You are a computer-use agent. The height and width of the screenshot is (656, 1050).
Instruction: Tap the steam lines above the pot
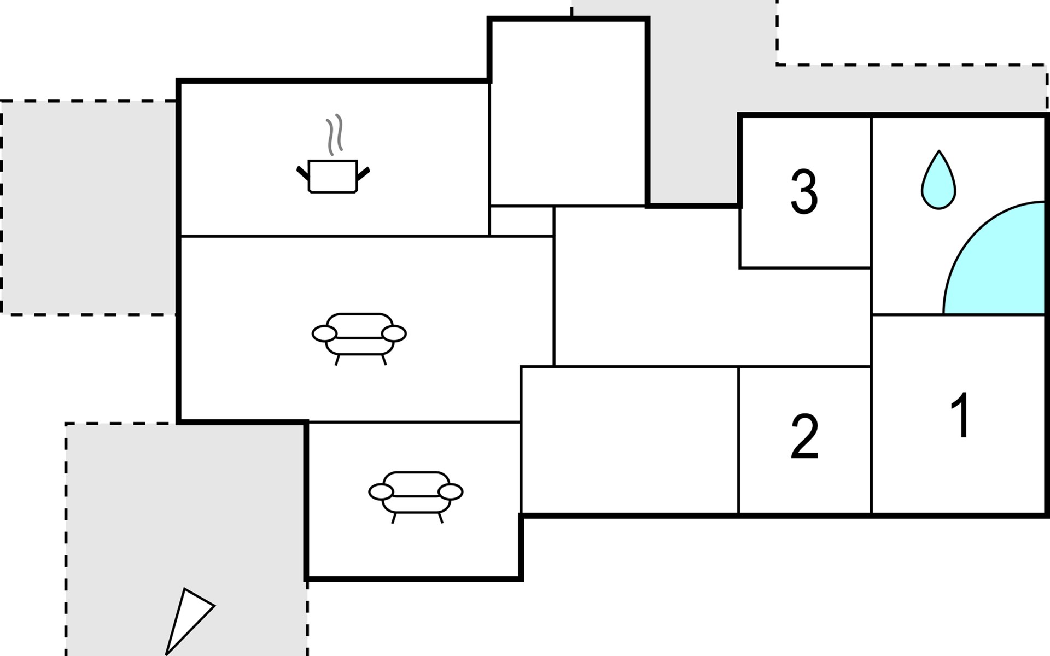(334, 134)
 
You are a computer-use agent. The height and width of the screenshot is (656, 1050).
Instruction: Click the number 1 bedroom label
(960, 415)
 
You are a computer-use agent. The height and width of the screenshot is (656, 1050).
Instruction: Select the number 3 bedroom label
(804, 192)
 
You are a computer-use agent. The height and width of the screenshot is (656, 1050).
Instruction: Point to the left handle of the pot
(302, 172)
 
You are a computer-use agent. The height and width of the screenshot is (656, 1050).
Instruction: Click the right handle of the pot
(363, 173)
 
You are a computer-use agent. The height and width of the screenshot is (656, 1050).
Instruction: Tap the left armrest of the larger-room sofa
(324, 333)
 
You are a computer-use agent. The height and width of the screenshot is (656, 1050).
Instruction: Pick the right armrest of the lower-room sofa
(451, 492)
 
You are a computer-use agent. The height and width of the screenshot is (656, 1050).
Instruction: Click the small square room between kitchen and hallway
(522, 221)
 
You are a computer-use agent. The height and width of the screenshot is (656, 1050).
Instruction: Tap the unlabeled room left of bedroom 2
(629, 440)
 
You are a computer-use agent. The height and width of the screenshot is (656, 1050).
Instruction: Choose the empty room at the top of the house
(568, 112)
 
